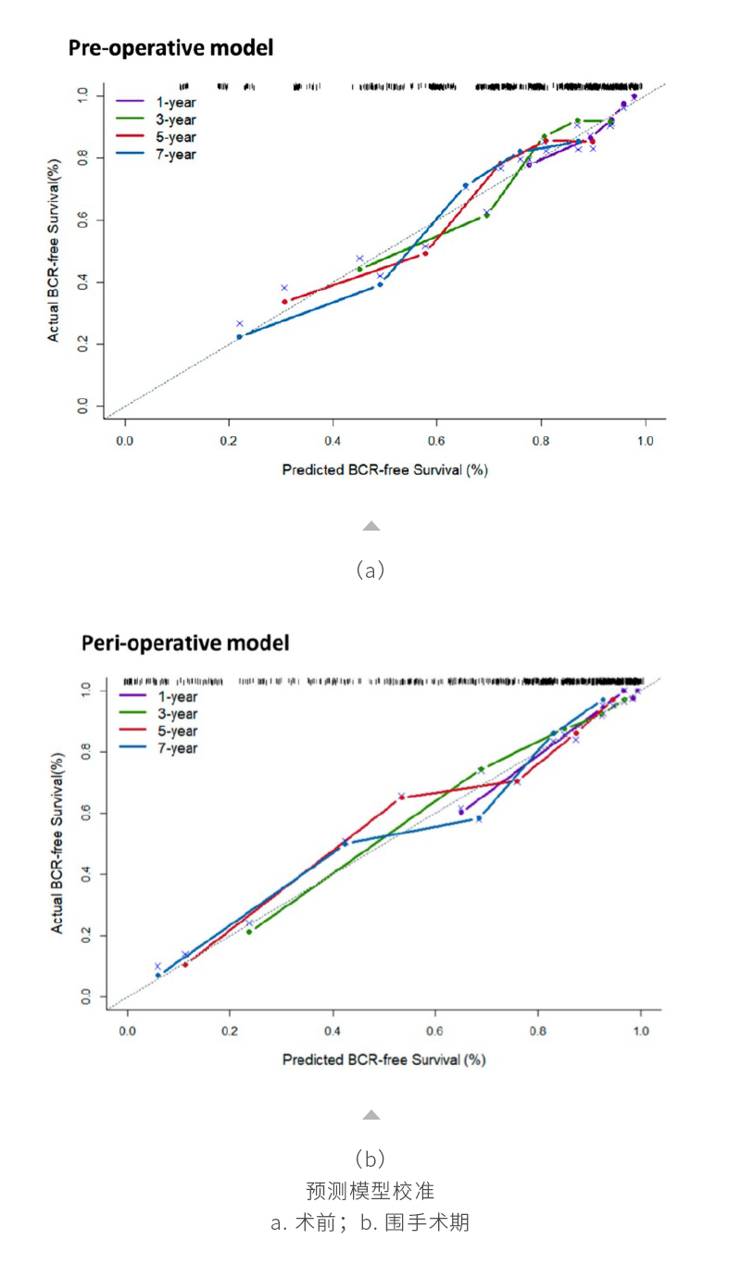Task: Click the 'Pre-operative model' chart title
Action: click(170, 48)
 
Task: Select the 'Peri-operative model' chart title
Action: click(184, 642)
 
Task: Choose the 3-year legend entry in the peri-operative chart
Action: click(177, 713)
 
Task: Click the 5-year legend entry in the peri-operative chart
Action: click(177, 731)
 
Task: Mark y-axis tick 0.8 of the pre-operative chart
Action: click(83, 158)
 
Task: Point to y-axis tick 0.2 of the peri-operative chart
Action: click(85, 936)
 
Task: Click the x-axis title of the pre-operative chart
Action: click(384, 470)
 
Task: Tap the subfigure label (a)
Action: click(370, 570)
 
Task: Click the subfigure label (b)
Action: click(370, 1159)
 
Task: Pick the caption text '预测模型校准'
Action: click(370, 1190)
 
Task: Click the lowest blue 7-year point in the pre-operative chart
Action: click(239, 336)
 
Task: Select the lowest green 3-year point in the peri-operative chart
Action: click(248, 932)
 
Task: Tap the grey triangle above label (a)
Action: click(370, 526)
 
